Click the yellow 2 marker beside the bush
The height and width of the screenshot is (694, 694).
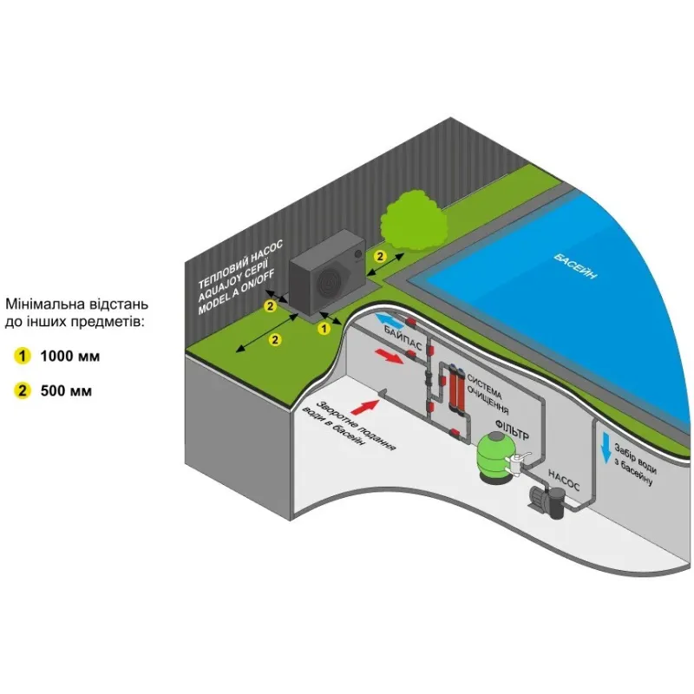[379, 256]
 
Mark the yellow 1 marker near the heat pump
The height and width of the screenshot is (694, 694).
[324, 329]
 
